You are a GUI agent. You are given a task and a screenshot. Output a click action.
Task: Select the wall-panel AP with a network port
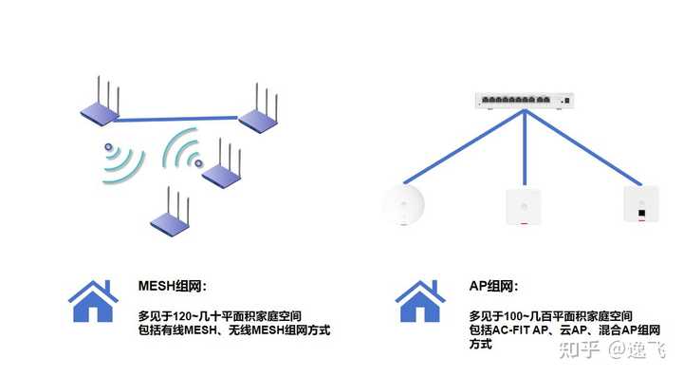(x=641, y=205)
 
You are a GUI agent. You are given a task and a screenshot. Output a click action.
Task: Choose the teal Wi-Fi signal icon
(x=183, y=152)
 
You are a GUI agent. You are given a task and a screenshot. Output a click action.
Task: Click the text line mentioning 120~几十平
(x=214, y=314)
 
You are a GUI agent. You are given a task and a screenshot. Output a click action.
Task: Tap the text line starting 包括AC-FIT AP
(x=551, y=330)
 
